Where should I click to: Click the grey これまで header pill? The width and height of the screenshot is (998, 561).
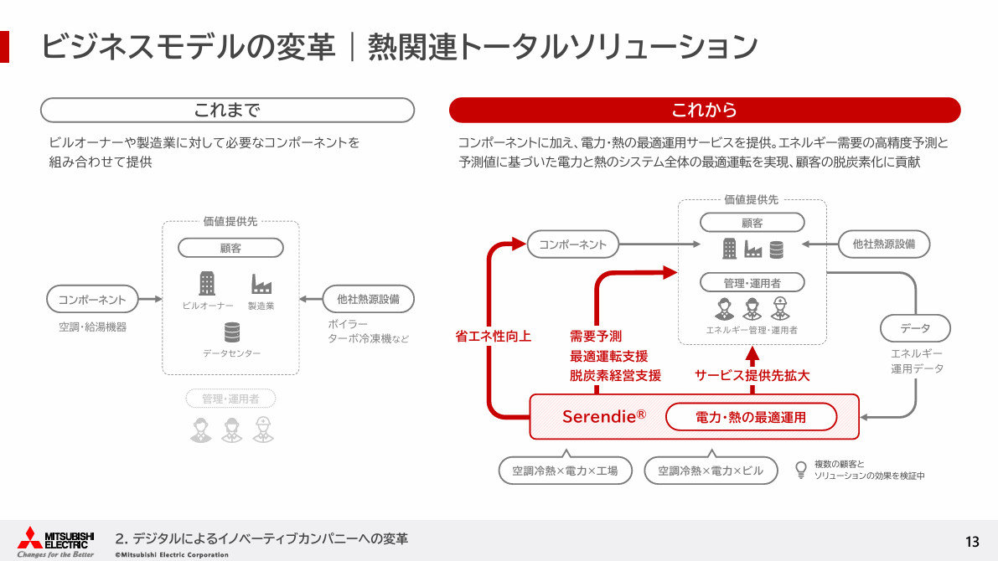click(227, 110)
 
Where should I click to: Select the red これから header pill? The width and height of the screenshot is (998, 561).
click(704, 110)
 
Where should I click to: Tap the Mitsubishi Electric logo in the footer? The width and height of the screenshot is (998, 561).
click(56, 540)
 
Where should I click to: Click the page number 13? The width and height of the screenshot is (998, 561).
click(972, 540)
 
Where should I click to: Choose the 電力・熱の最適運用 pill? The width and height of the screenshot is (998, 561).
click(751, 416)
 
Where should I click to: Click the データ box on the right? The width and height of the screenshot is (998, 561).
click(915, 327)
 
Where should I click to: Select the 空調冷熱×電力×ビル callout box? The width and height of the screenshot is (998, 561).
click(711, 471)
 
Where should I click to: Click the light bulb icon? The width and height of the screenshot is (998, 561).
click(800, 469)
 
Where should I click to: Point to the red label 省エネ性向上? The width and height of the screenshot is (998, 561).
click(494, 337)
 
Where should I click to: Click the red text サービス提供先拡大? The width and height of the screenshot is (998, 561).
click(752, 376)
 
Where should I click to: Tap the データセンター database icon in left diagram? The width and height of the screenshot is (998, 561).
click(231, 332)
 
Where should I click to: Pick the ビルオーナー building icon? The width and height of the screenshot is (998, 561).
click(206, 284)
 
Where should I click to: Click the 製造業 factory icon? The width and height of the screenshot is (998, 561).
click(261, 285)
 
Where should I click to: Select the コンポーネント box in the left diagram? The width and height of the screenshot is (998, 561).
click(92, 299)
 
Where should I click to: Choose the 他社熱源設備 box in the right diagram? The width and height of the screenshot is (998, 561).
click(884, 244)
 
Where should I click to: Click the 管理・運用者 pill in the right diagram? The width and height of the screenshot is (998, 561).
click(752, 282)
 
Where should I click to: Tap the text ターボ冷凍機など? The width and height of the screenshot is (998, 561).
click(369, 339)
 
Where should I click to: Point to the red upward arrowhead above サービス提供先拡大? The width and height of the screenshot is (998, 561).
click(752, 353)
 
